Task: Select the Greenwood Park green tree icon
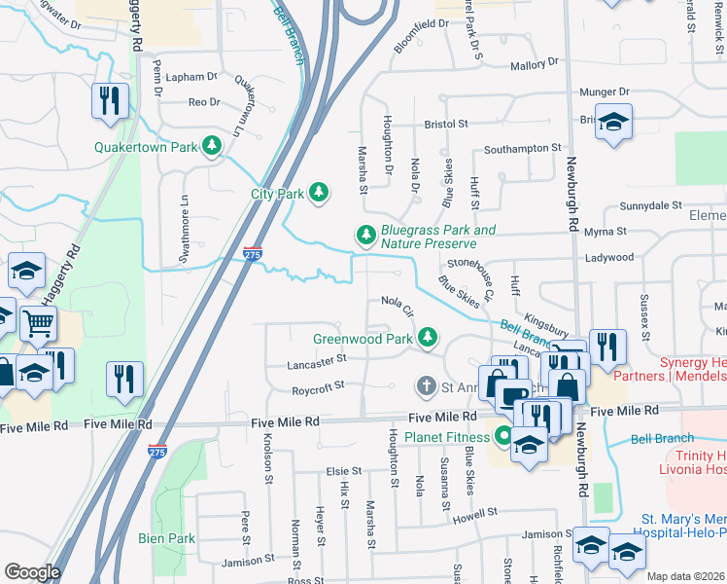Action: (426, 338)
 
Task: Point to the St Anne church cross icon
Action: (425, 386)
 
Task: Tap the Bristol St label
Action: (446, 125)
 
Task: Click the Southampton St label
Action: (523, 149)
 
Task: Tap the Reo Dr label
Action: (204, 101)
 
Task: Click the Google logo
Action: (32, 572)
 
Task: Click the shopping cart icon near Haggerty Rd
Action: (38, 323)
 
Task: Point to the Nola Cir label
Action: (398, 307)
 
